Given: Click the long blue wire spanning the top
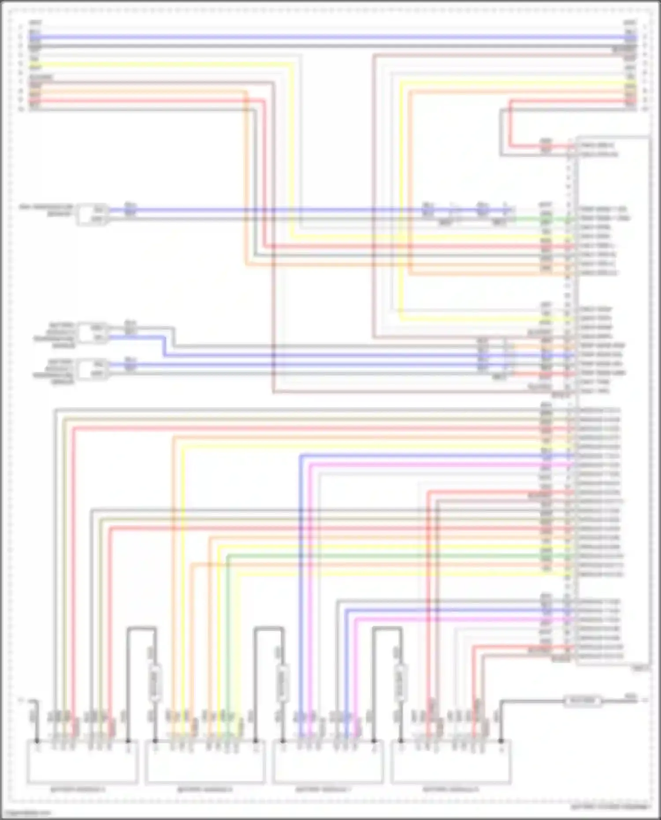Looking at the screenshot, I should pyautogui.click(x=330, y=37).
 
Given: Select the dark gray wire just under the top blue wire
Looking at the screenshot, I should pyautogui.click(x=330, y=46).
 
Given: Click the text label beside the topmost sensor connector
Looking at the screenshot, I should pyautogui.click(x=46, y=210).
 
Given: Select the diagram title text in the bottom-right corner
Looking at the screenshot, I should pyautogui.click(x=610, y=807).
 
